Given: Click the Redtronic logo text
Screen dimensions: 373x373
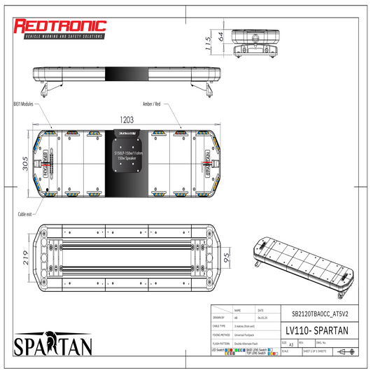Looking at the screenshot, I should pos(60,27).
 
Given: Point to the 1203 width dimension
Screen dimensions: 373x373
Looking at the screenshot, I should pos(127,120).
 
